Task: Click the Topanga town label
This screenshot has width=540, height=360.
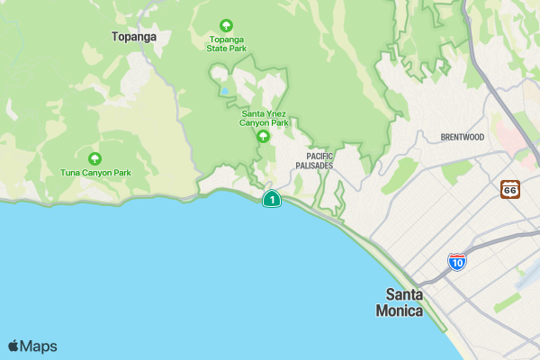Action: coord(134,37)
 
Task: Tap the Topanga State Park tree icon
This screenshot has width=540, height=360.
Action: coord(225,25)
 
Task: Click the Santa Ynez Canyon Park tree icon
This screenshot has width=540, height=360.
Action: coord(263,137)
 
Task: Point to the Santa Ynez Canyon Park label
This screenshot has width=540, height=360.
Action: coord(265,118)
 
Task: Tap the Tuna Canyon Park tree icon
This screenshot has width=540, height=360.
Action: coord(94,158)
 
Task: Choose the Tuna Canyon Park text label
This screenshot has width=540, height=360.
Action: coord(95,172)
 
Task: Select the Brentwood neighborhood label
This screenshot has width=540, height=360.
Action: coord(463,137)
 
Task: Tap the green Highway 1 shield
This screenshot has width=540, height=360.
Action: coord(271,199)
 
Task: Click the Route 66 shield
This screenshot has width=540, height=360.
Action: coord(510,189)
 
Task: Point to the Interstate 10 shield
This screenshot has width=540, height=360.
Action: coord(457,262)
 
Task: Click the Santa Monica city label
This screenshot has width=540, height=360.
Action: coord(404,302)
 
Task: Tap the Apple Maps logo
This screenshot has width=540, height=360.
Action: coord(32,346)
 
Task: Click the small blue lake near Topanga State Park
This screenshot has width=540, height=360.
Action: coord(222,90)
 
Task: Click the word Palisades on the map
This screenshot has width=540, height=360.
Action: coord(315,166)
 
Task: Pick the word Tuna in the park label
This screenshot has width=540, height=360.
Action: coord(70,172)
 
